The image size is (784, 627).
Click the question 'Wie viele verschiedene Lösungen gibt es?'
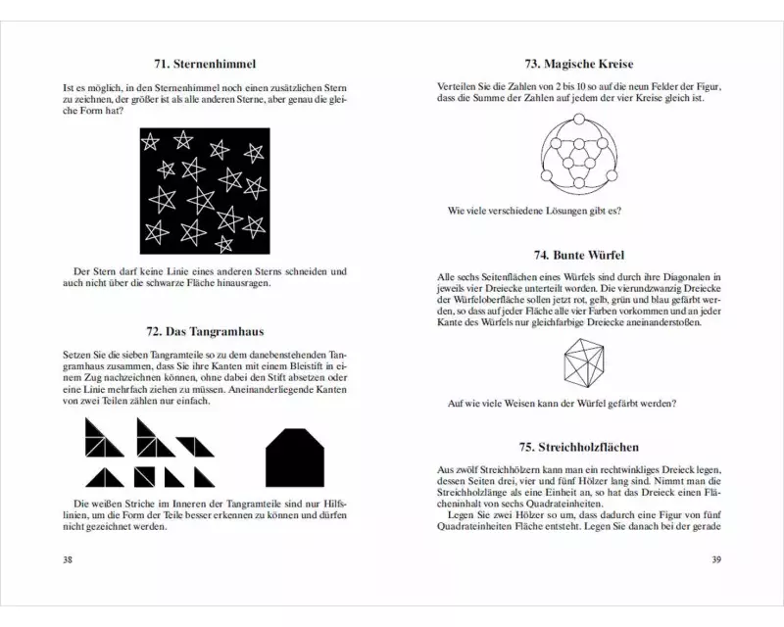(533, 210)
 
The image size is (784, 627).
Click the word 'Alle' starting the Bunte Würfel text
(448, 278)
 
